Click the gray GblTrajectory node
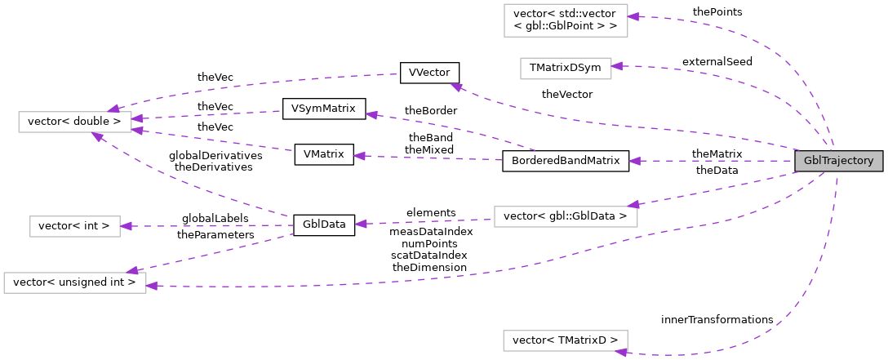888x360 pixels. pos(838,161)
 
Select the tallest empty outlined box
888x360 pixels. pos(566,20)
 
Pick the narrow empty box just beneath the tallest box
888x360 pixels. pos(566,69)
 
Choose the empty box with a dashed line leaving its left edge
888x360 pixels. pos(566,216)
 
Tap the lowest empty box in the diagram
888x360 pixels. pos(565,340)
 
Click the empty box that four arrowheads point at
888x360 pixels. pos(75,122)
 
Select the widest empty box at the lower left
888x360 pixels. pos(75,282)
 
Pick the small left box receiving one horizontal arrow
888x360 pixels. pos(75,226)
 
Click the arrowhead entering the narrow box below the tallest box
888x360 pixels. pos(617,66)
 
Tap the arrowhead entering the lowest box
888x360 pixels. pos(621,352)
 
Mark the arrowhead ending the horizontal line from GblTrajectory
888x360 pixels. pos(634,161)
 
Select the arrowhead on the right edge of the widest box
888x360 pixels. pos(152,285)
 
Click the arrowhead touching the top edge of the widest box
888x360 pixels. pos(132,270)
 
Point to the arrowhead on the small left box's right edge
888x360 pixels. pos(126,226)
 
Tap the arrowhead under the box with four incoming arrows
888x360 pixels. pos(97,136)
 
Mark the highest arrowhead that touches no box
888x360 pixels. pos(456,87)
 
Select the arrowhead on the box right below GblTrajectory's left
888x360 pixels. pos(633,205)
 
